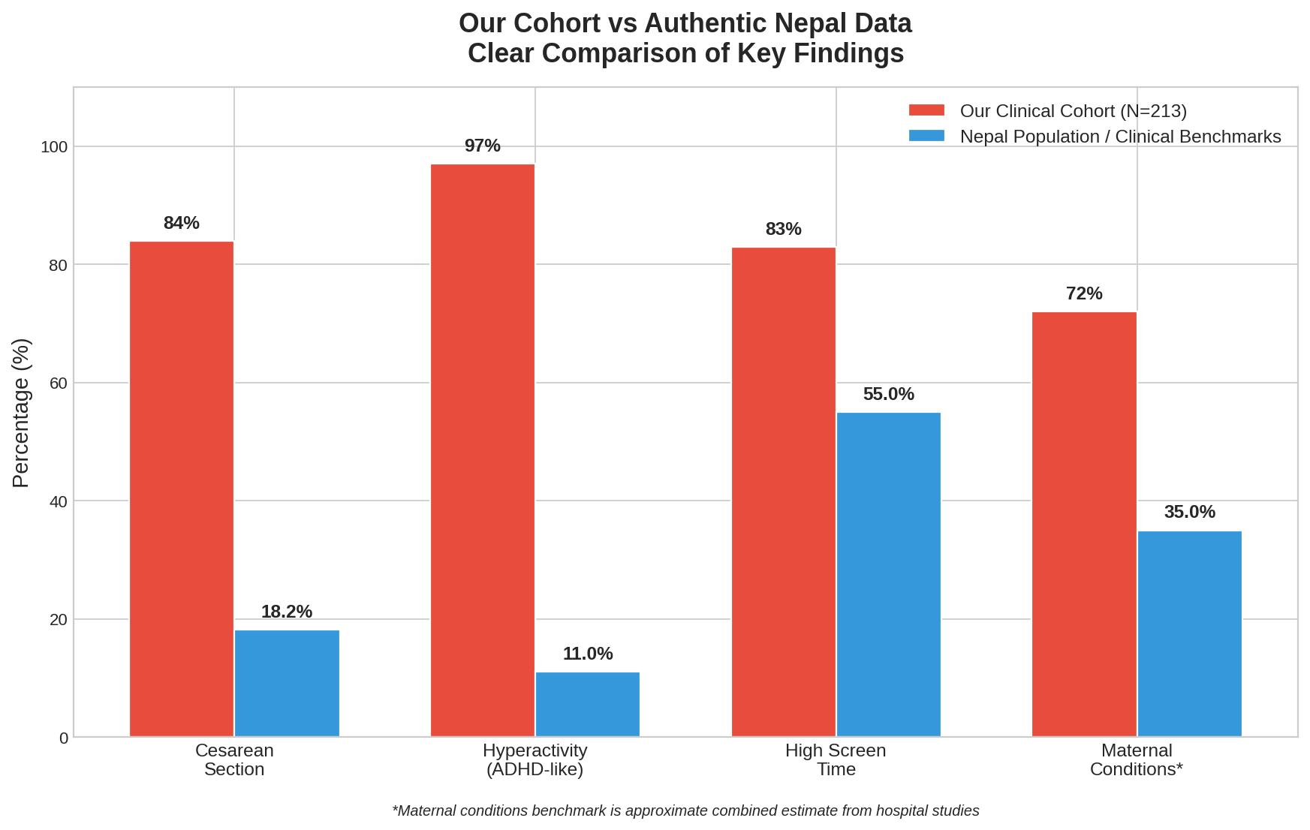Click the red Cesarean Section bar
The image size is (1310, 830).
coord(182,489)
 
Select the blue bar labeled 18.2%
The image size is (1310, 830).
coord(287,683)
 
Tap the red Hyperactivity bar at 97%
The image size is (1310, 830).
coord(483,450)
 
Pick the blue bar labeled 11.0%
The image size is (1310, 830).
coord(588,704)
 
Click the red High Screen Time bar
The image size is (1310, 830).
coord(784,492)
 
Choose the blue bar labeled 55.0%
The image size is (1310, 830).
coord(889,574)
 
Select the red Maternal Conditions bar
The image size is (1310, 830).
coord(1085,524)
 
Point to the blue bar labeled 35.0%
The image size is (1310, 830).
coord(1190,633)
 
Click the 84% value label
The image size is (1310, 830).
coord(182,223)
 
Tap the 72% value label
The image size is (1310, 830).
coord(1084,293)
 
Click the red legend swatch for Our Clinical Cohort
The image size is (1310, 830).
coord(926,111)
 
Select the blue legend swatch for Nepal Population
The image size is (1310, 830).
coord(926,137)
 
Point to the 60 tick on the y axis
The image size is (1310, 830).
coord(59,383)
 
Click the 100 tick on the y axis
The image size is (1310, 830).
coord(54,147)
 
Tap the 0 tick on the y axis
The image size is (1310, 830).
coord(64,738)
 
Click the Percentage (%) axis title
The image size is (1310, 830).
coord(22,413)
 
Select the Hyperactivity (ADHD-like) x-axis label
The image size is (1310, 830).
coord(535,759)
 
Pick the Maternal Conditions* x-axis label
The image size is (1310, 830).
coord(1137,759)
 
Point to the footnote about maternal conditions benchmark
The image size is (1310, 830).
coord(685,811)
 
